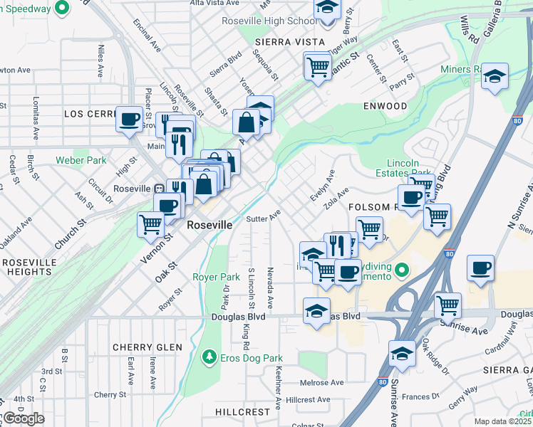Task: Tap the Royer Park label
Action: click(216, 276)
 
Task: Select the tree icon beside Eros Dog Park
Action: click(209, 357)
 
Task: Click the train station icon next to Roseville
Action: click(160, 189)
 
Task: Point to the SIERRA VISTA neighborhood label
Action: click(284, 43)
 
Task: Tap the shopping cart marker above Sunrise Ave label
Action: click(447, 305)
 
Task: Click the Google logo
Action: click(24, 418)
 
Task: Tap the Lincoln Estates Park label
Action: click(408, 167)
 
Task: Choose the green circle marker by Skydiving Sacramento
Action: click(402, 270)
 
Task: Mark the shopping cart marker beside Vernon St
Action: click(150, 223)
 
